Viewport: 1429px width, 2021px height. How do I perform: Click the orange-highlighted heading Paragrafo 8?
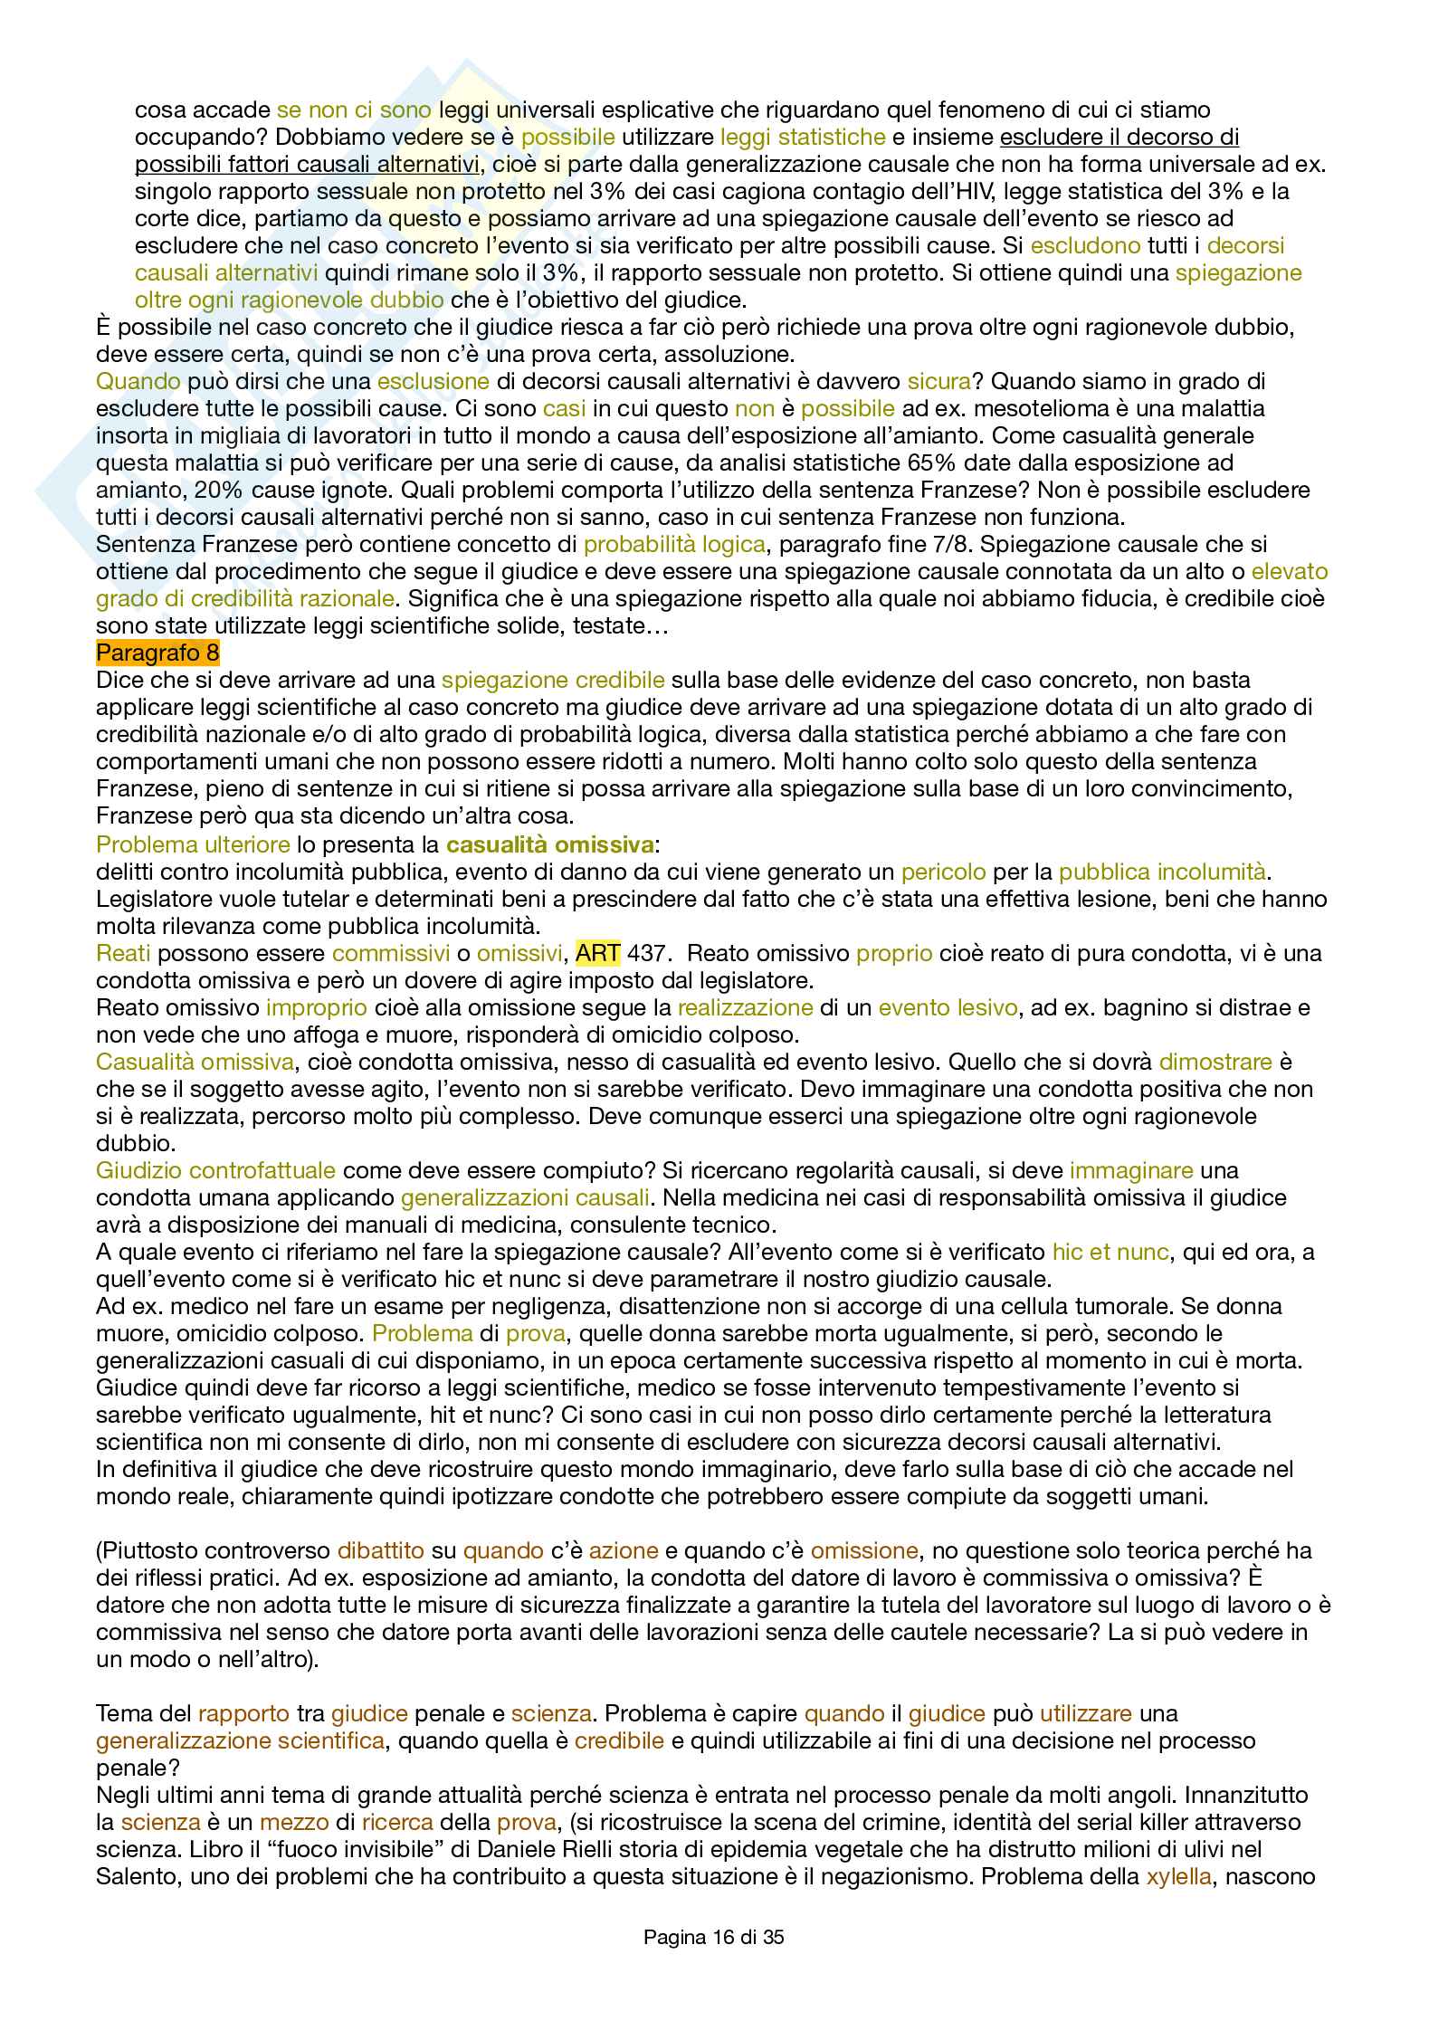(x=157, y=653)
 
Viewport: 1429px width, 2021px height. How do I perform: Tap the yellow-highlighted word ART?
(x=597, y=953)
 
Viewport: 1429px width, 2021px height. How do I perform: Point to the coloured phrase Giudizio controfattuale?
(x=215, y=1170)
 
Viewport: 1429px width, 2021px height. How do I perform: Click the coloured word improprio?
(x=316, y=1007)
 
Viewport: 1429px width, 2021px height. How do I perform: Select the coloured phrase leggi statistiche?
(x=802, y=137)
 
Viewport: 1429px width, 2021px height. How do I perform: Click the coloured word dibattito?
(x=380, y=1550)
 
